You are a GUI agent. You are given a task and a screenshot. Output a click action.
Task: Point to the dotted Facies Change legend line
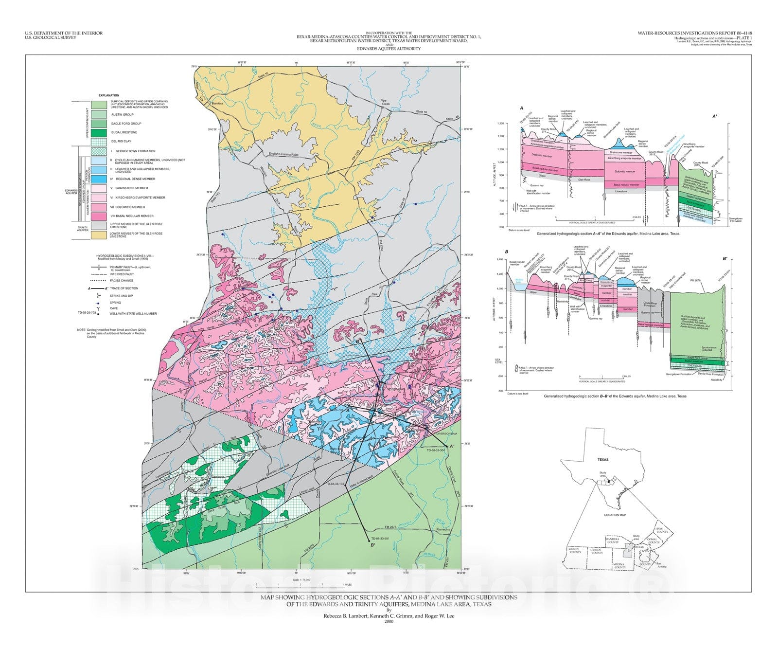[x=99, y=281]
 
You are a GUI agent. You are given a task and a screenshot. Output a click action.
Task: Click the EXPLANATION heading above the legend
[x=108, y=95]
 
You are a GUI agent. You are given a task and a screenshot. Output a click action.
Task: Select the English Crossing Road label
[x=283, y=155]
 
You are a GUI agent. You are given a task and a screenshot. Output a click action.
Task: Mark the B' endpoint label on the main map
[x=372, y=545]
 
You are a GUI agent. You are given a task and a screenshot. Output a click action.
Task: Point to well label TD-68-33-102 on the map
[x=335, y=484]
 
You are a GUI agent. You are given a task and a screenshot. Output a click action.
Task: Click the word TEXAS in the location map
[x=602, y=459]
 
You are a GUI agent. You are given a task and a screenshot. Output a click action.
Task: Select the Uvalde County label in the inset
[x=597, y=551]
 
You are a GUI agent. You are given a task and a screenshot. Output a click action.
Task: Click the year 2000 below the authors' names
[x=389, y=621]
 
